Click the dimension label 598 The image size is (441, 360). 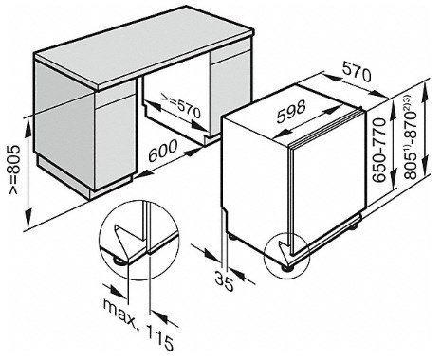tap(291, 111)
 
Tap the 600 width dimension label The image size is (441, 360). tap(163, 151)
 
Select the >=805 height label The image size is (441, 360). tap(14, 170)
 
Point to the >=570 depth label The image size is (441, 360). tap(180, 107)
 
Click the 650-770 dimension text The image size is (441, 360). tap(379, 150)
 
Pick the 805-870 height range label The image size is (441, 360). tap(412, 136)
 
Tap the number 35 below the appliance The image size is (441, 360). tap(224, 280)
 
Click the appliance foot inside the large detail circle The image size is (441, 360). tap(119, 261)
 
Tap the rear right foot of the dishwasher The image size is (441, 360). tap(354, 226)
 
